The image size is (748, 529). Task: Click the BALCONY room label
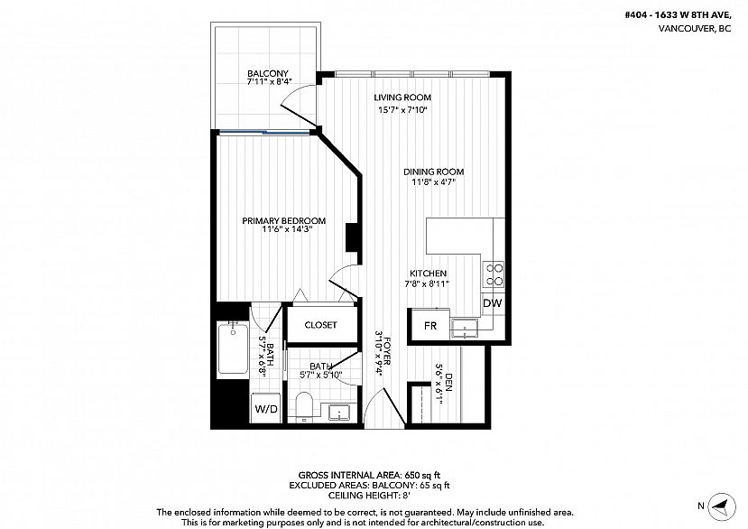pyautogui.click(x=268, y=74)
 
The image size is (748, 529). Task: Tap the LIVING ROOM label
pyautogui.click(x=402, y=97)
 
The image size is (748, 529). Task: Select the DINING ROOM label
pyautogui.click(x=434, y=172)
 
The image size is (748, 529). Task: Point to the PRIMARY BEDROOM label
pyautogui.click(x=284, y=220)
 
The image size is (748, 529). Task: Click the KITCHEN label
pyautogui.click(x=428, y=274)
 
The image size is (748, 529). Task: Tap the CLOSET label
pyautogui.click(x=320, y=325)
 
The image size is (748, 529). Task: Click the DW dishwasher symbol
pyautogui.click(x=493, y=302)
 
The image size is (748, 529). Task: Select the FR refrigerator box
pyautogui.click(x=430, y=326)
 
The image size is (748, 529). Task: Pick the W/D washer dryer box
pyautogui.click(x=266, y=408)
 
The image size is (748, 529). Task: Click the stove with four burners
pyautogui.click(x=494, y=274)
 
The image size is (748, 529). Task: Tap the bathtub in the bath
pyautogui.click(x=233, y=348)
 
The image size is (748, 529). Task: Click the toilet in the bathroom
pyautogui.click(x=303, y=404)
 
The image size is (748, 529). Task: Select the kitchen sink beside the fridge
pyautogui.click(x=466, y=328)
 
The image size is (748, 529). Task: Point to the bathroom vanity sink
pyautogui.click(x=338, y=412)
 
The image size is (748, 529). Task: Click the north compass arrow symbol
pyautogui.click(x=722, y=506)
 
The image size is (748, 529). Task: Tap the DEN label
pyautogui.click(x=449, y=381)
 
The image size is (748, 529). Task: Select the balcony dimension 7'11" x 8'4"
pyautogui.click(x=269, y=81)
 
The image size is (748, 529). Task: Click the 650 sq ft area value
pyautogui.click(x=422, y=475)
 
